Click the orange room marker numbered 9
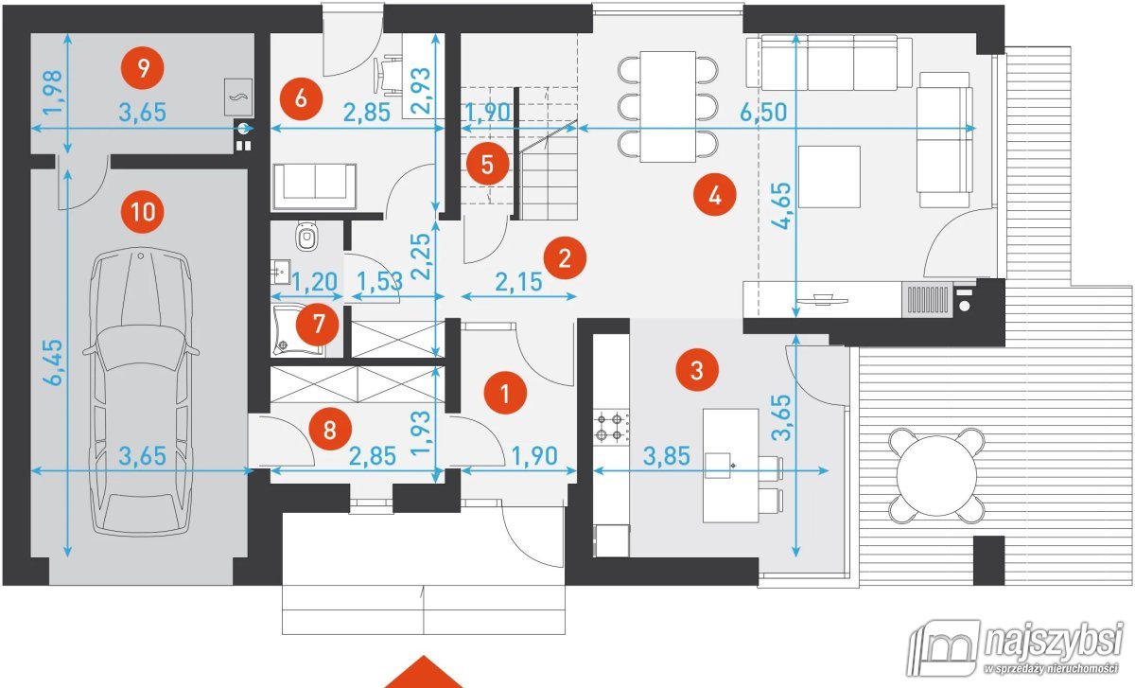coord(143,67)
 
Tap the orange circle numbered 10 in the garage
coord(143,211)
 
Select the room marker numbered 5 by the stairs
coord(487,165)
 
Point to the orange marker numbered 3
coord(697,370)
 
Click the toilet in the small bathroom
coord(306,236)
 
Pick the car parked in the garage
coord(140,392)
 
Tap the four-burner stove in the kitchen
coord(610,427)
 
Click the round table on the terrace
coord(936,476)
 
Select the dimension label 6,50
coord(763,112)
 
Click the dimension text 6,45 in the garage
coord(53,362)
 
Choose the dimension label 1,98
coord(53,93)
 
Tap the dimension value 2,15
coord(518,282)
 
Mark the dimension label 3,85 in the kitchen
coord(666,456)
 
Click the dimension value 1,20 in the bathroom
coord(315,282)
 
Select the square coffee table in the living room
coord(829,177)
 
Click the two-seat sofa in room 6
coord(314,186)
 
